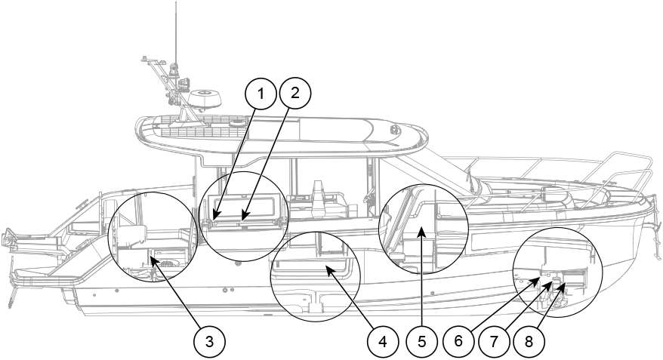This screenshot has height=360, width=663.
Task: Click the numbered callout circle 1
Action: point(261,94)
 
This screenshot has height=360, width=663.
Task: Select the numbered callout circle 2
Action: point(295,93)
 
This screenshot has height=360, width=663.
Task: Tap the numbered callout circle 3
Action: point(209,341)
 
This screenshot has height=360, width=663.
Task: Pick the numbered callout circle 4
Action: point(383,341)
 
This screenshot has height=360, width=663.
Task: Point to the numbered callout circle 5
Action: point(421,341)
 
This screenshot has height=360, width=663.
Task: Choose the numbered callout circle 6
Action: point(459,340)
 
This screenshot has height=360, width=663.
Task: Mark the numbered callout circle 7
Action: point(494,341)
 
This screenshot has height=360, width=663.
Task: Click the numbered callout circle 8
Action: point(529,341)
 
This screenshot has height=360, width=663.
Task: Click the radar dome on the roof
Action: point(205,100)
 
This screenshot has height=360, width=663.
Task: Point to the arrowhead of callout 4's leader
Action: point(328,269)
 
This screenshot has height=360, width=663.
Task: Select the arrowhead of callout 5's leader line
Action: point(421,231)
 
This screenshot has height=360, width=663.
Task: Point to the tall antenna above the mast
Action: point(175,34)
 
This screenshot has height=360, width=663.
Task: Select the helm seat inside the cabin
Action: point(320,196)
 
